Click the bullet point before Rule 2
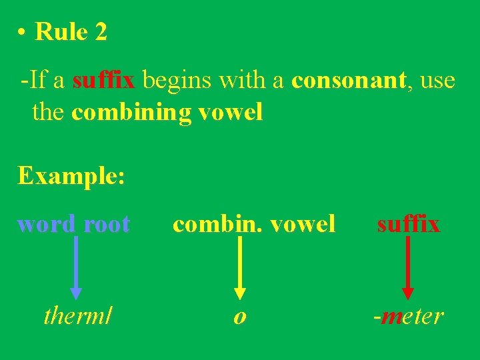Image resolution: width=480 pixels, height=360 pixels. click(x=22, y=33)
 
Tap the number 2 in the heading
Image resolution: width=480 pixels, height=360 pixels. click(x=101, y=31)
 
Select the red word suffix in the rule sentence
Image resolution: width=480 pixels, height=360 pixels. click(x=103, y=81)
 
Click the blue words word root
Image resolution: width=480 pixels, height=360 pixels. click(x=73, y=225)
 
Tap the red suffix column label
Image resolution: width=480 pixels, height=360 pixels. click(x=408, y=225)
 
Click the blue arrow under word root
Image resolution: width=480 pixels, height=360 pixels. click(x=76, y=267)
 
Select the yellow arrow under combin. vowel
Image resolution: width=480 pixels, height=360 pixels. click(x=240, y=267)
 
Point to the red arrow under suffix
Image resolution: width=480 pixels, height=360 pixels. click(x=408, y=267)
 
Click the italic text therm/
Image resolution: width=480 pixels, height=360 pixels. click(x=77, y=315)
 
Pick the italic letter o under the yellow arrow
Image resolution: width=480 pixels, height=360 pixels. click(x=239, y=317)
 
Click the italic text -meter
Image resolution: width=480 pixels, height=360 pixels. click(x=408, y=315)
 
